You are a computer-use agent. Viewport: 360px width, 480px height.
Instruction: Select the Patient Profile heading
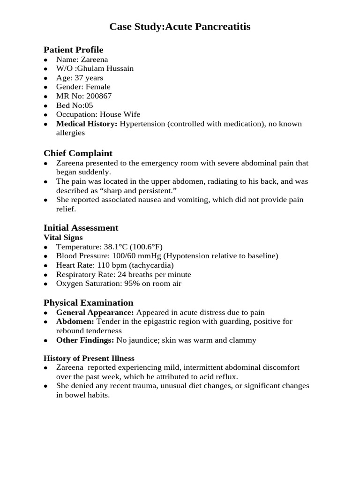[x=73, y=50]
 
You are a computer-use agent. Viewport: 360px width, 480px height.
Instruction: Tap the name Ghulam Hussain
[x=107, y=68]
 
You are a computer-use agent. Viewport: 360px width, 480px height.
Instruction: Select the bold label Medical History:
[x=87, y=124]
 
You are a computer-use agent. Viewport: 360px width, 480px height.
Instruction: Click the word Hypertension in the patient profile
[x=142, y=124]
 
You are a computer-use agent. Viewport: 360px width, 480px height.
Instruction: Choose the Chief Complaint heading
[x=78, y=153]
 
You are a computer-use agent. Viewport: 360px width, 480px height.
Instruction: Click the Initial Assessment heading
[x=81, y=228]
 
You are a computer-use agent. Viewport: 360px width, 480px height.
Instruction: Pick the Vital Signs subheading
[x=63, y=238]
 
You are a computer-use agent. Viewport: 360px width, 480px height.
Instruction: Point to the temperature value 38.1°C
[x=113, y=247]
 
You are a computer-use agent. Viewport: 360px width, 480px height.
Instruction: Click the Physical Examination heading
[x=88, y=302]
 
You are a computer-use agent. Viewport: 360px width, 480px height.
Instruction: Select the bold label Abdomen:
[x=75, y=322]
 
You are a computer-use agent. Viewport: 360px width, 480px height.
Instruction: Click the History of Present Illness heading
[x=89, y=359]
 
